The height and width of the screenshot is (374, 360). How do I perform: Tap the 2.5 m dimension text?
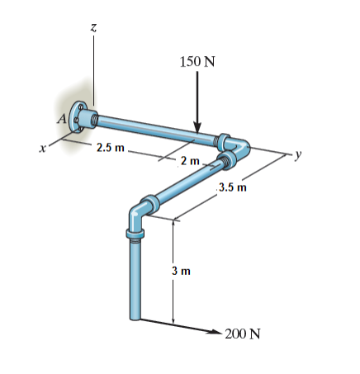[110, 149]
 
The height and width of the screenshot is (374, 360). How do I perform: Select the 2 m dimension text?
[189, 159]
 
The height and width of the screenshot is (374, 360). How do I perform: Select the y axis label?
[303, 154]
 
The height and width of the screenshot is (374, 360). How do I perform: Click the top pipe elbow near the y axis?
[239, 148]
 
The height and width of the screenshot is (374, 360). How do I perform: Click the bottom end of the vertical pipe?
[135, 316]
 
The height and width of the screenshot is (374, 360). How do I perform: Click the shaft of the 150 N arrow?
[197, 95]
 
